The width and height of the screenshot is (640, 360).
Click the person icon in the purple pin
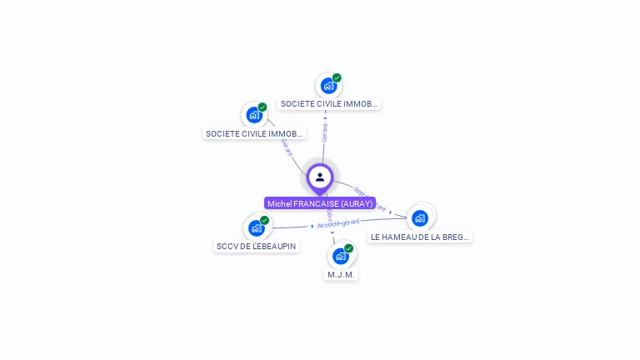320,177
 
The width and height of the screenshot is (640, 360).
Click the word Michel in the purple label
279,203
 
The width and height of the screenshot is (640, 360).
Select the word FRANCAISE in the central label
316,203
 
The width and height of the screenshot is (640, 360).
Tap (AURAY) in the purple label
357,203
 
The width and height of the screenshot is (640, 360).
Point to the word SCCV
227,247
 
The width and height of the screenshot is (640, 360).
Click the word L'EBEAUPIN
273,247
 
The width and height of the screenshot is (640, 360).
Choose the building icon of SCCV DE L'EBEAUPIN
255,227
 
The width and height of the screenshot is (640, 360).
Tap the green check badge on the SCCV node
265,221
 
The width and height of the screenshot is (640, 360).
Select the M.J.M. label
341,275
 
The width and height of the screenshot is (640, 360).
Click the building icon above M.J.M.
339,256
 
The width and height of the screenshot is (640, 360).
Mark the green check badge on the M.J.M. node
349,248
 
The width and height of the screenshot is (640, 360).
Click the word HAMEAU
401,237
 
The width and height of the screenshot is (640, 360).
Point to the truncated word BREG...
458,237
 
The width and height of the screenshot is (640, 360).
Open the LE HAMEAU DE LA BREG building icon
420,218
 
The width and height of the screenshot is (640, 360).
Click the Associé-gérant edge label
345,223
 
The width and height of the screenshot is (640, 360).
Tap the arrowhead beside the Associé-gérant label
312,226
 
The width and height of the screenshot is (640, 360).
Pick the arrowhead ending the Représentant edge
391,212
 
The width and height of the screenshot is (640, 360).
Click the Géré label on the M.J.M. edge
330,214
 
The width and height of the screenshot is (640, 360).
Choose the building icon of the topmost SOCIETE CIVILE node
328,85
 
